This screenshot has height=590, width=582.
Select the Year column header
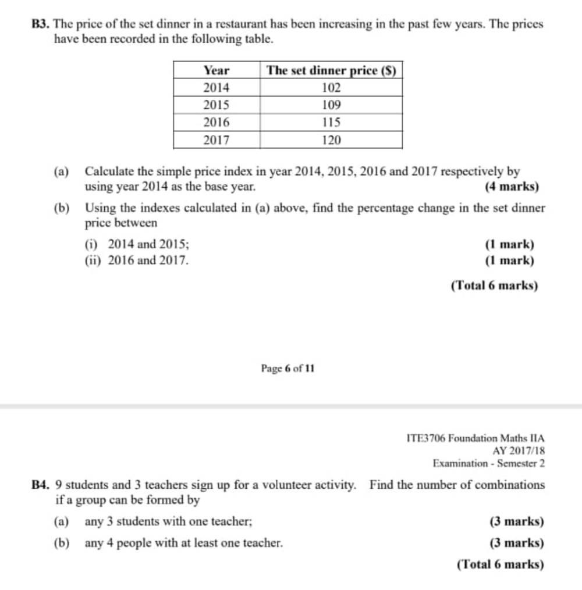pos(217,70)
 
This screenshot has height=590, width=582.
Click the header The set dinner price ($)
pos(331,70)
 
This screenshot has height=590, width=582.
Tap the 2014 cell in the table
pos(217,88)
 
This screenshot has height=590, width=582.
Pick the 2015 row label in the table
pos(217,105)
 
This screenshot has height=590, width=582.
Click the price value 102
pos(331,88)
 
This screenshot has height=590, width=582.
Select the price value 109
pos(331,105)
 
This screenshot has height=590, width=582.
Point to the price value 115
pos(331,123)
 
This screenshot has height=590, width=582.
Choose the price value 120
pos(331,140)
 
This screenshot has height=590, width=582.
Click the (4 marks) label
pos(512,187)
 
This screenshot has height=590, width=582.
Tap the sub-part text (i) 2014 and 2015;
pos(137,245)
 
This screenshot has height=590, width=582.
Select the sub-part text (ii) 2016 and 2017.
pos(137,260)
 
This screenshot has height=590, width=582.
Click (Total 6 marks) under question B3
pos(494,285)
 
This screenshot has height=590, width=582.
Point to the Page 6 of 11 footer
pos(288,369)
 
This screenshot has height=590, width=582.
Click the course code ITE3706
pos(427,438)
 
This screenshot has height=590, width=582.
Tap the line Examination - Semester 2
pos(488,463)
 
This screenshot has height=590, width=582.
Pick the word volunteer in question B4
pos(274,485)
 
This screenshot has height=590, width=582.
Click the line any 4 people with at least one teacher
pos(184,543)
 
